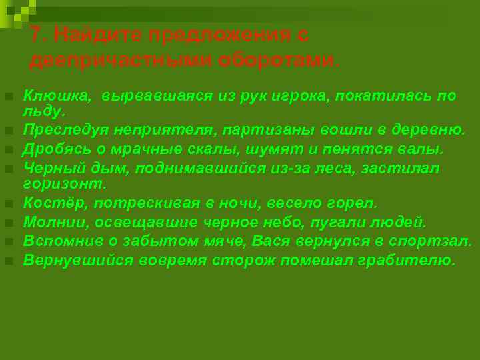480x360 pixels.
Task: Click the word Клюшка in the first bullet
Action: click(x=56, y=96)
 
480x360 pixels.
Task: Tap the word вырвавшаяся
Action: click(x=158, y=96)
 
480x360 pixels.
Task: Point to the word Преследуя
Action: click(x=64, y=129)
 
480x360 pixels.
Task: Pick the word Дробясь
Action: click(x=54, y=148)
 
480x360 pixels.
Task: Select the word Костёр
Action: click(x=50, y=203)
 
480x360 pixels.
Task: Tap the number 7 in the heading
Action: click(x=37, y=35)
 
